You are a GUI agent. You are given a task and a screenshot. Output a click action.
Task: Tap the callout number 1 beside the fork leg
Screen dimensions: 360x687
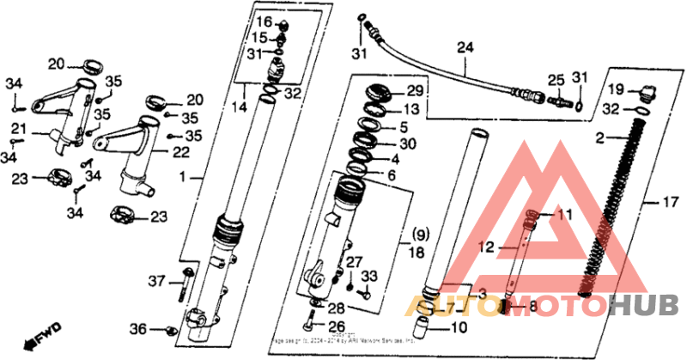pyautogui.click(x=181, y=177)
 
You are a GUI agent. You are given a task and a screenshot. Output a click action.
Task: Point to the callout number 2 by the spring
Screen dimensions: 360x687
pyautogui.click(x=599, y=137)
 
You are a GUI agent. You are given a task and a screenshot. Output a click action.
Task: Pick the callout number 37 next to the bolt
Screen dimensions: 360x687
pyautogui.click(x=155, y=281)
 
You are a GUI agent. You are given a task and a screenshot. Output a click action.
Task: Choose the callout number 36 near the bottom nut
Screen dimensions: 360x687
pyautogui.click(x=138, y=329)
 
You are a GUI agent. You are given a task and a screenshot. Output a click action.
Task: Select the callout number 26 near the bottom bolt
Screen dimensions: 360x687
pyautogui.click(x=337, y=326)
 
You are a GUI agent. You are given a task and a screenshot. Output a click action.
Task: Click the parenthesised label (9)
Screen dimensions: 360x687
pyautogui.click(x=418, y=234)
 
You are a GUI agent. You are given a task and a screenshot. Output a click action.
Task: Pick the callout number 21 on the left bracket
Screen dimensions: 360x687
pyautogui.click(x=18, y=129)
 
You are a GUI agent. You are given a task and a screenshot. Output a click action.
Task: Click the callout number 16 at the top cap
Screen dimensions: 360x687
pyautogui.click(x=264, y=21)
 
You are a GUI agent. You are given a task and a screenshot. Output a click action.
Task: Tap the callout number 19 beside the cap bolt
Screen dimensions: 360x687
pyautogui.click(x=617, y=89)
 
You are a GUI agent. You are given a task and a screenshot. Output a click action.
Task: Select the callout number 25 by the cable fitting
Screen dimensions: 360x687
pyautogui.click(x=556, y=79)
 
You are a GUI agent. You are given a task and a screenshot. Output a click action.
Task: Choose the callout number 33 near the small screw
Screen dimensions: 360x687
pyautogui.click(x=369, y=276)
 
